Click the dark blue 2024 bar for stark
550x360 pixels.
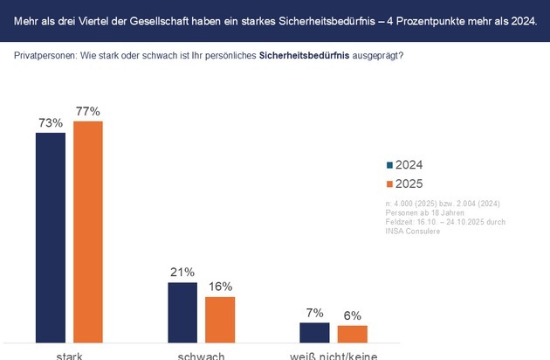[50, 237]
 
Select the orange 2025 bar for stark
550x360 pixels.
[87, 232]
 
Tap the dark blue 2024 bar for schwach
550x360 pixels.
[182, 312]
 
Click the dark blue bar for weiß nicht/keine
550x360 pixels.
[314, 332]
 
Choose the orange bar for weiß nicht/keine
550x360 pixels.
[352, 334]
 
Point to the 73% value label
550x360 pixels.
[50, 123]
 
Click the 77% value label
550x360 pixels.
[87, 112]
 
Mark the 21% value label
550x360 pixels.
[182, 273]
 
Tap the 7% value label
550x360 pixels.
[314, 312]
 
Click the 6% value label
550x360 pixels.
[352, 315]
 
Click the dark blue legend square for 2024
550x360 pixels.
[389, 164]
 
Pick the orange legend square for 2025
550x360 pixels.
[389, 183]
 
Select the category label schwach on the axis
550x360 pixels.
[201, 356]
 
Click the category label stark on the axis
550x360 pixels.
[69, 356]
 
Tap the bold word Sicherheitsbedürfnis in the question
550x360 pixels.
[297, 56]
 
